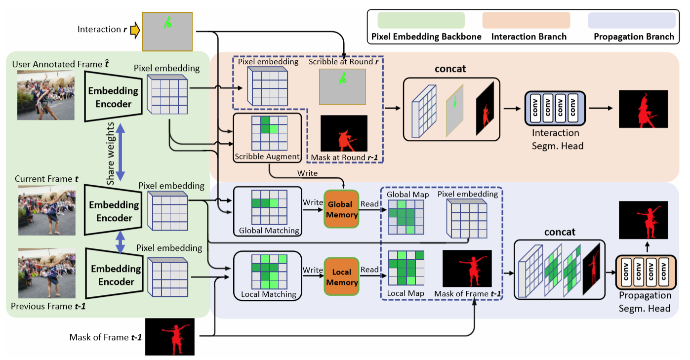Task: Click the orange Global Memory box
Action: [x=341, y=209]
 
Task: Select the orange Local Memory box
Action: [x=341, y=277]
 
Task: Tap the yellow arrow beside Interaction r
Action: [x=134, y=30]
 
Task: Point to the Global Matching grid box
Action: [x=267, y=211]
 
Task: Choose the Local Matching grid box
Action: [x=267, y=276]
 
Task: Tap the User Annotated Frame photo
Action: [x=46, y=95]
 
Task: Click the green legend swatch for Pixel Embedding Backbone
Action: [x=421, y=20]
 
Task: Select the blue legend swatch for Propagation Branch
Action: [x=631, y=20]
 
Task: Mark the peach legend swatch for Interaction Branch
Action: [x=526, y=20]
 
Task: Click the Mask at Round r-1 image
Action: [x=344, y=134]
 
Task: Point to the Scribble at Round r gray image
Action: [x=342, y=86]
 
